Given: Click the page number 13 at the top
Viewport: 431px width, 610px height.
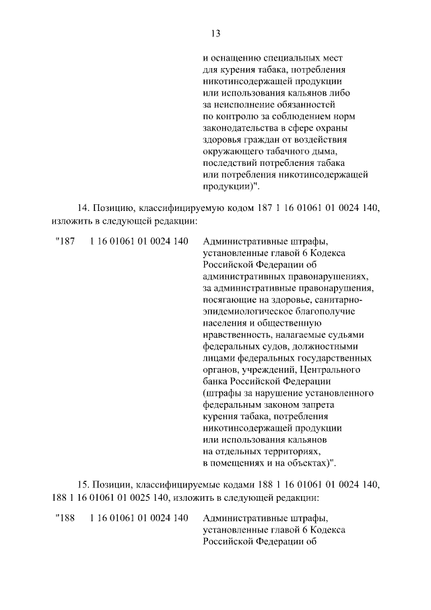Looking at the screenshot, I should click(x=215, y=34).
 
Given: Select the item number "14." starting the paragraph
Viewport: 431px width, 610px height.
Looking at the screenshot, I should click(x=84, y=209).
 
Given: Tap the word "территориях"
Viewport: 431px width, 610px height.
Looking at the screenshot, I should click(x=288, y=451).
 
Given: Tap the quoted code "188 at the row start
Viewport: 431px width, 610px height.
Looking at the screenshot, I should click(x=63, y=518).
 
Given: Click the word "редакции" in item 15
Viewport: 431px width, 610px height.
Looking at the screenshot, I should click(x=293, y=498).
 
